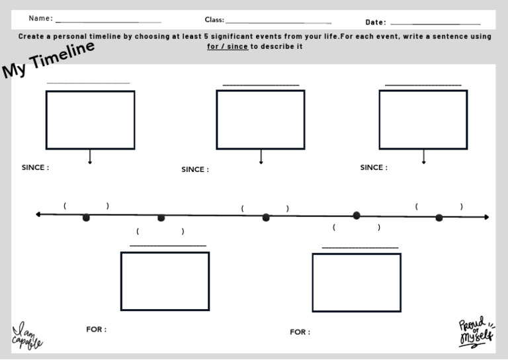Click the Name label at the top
tap(40, 19)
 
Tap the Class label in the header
tap(214, 20)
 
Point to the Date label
tap(376, 22)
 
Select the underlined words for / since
tap(227, 46)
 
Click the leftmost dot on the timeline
tap(86, 217)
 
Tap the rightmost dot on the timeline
tap(439, 217)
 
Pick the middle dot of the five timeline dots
tap(266, 217)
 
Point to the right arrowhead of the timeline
tap(486, 217)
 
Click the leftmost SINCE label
tap(35, 167)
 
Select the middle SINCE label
tap(195, 169)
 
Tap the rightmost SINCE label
tap(374, 167)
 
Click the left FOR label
tap(96, 329)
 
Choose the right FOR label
tap(300, 332)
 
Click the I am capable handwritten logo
tap(27, 336)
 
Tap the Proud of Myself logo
tap(476, 332)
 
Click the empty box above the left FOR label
tap(165, 281)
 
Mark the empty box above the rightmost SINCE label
tap(423, 119)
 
